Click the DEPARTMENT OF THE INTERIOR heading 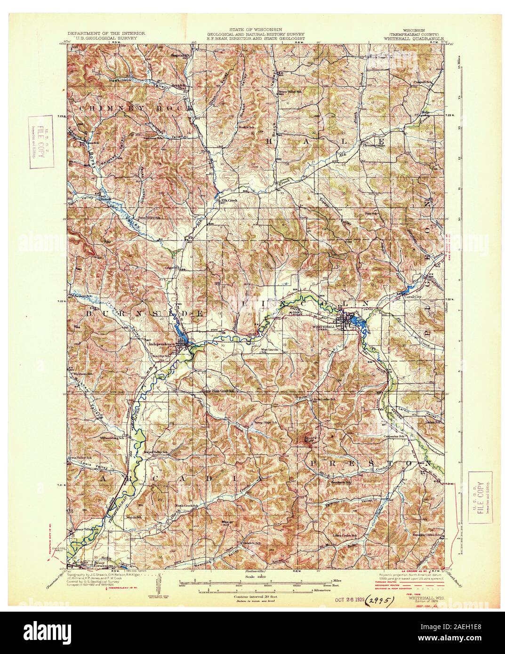(105, 34)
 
